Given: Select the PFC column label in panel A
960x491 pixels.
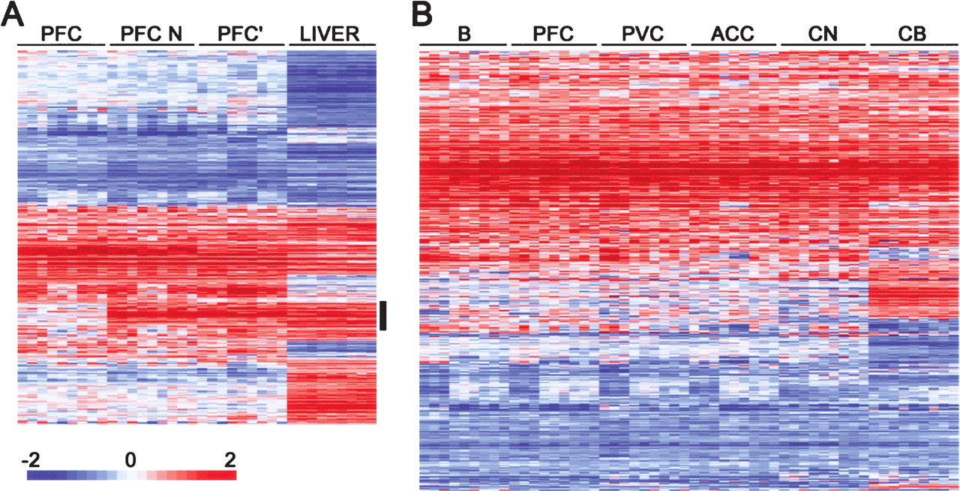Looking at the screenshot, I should pos(61,34).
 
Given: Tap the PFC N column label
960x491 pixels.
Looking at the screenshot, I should pos(151,34).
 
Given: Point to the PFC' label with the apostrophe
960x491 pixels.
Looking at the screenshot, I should pos(241,34).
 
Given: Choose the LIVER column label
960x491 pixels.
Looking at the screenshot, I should pos(331,34).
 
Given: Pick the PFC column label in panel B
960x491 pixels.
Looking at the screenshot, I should pos(554,34).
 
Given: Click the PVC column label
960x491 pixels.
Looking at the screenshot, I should pos(644,34).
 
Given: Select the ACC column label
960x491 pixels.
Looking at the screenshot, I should pos(733,34).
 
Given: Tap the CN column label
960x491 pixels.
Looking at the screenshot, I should pos(823,34).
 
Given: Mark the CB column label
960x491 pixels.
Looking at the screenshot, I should pos(913,34).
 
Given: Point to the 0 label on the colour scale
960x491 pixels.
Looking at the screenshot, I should pos(130,458).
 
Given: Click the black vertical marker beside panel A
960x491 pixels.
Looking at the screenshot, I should pos(383,315).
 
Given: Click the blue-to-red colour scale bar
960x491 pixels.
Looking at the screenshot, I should pos(131,475).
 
